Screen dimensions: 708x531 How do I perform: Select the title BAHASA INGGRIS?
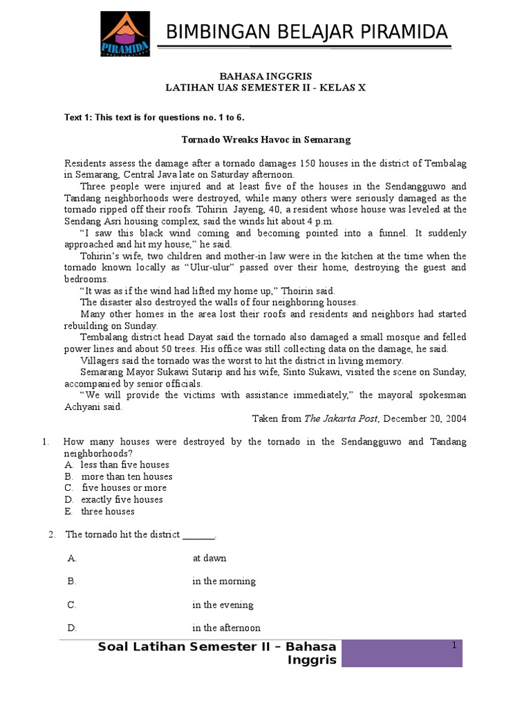[x=265, y=77]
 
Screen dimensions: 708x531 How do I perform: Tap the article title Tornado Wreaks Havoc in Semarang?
[x=266, y=140]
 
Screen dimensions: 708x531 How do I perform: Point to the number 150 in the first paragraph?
[x=308, y=163]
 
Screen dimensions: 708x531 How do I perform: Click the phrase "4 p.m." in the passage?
[x=320, y=221]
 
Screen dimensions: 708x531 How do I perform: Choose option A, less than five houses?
[x=124, y=465]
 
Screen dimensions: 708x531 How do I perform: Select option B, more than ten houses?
[x=127, y=476]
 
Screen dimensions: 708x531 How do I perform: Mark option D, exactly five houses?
[x=122, y=500]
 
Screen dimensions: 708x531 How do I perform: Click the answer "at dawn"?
[x=209, y=558]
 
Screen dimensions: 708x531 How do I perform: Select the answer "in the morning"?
[x=224, y=581]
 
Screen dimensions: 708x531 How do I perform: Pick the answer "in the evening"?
[x=223, y=605]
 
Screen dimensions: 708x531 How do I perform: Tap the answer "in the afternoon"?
[x=226, y=628]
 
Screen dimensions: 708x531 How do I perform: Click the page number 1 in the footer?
[x=454, y=646]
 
